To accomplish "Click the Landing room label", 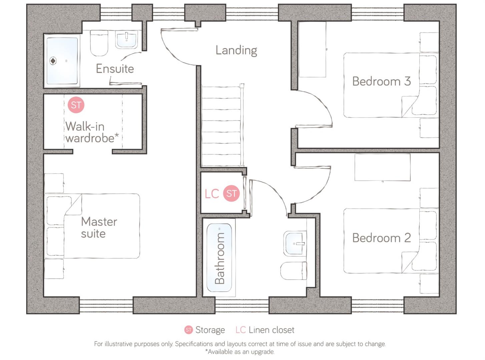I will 236,50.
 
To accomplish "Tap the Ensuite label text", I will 115,69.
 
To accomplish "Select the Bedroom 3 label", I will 381,81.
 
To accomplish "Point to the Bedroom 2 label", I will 381,238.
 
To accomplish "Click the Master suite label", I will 99,227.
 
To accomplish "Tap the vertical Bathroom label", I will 219,258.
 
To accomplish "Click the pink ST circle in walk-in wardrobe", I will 76,105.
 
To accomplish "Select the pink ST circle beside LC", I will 231,193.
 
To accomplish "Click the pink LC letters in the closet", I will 211,194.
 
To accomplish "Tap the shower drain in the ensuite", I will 53,61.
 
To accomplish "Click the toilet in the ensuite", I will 99,43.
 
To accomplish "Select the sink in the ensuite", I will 126,40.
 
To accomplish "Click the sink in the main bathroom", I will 295,243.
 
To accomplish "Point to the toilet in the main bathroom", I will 294,271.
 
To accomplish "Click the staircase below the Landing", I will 222,127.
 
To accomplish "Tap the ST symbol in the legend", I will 188,330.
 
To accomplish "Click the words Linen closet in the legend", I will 271,330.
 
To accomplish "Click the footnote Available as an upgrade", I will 240,352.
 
